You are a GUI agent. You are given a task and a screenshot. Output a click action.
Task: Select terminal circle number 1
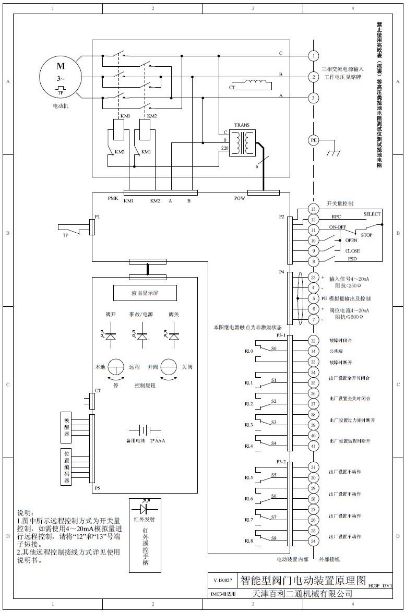click(313, 56)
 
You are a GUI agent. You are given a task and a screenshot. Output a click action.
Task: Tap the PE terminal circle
click(313, 140)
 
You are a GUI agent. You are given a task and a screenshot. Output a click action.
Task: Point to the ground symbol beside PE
click(331, 152)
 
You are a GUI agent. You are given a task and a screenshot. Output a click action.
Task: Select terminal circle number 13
click(313, 209)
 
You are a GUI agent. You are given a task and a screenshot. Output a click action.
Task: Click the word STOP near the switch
click(366, 235)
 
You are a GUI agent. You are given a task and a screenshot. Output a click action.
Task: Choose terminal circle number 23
click(313, 277)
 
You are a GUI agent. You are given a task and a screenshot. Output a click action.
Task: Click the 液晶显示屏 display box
click(145, 293)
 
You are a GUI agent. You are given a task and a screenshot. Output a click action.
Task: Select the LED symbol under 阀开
click(110, 336)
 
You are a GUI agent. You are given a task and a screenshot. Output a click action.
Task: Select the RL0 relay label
click(248, 351)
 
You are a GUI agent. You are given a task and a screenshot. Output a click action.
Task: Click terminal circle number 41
click(313, 446)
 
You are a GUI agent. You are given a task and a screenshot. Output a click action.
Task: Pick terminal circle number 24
click(313, 541)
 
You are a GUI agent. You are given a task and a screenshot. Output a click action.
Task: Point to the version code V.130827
click(223, 580)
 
